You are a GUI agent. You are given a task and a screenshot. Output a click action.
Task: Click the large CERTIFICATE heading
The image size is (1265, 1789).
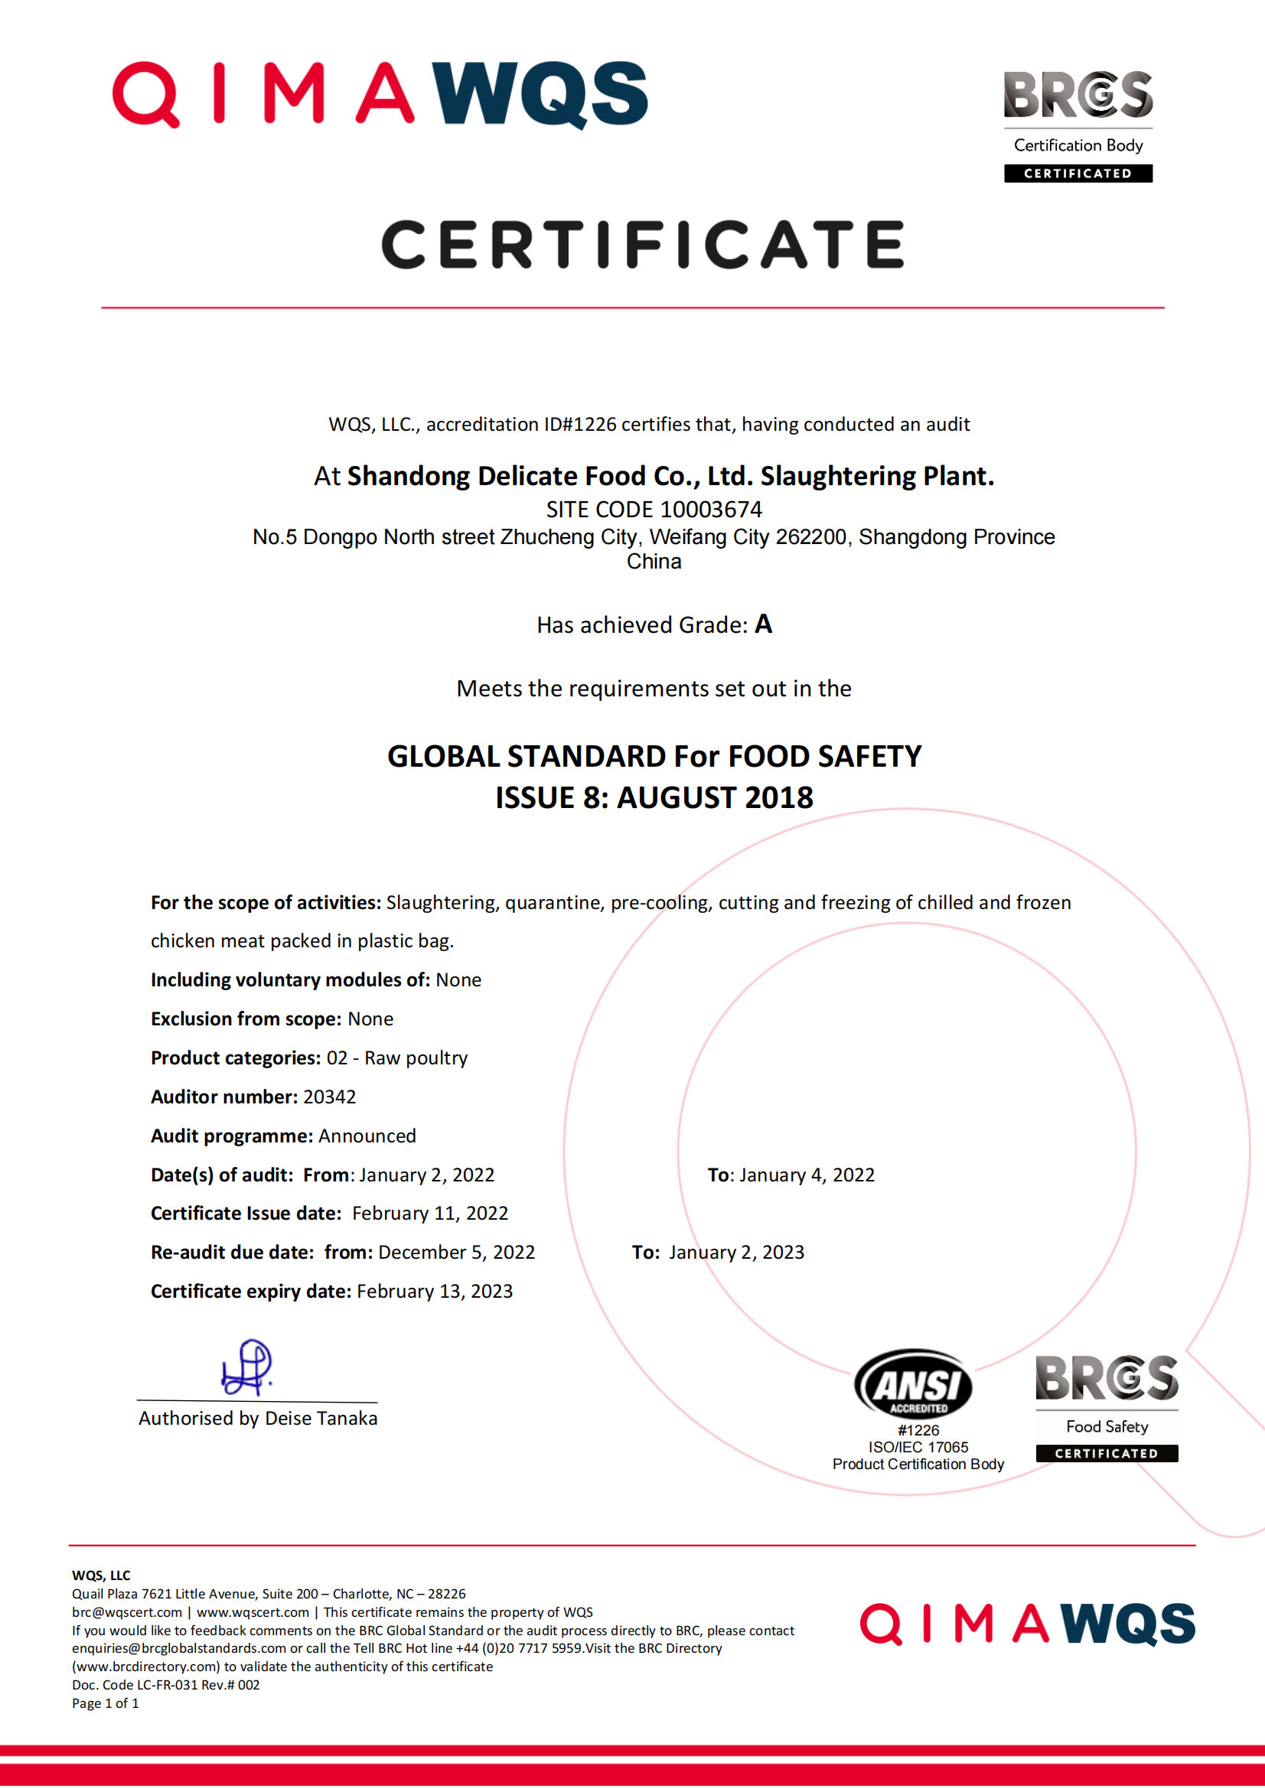[x=643, y=244]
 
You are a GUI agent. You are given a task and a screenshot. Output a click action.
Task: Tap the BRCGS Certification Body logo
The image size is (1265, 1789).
[x=1078, y=125]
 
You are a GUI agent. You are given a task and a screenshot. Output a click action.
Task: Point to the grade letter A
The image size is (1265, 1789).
[x=763, y=624]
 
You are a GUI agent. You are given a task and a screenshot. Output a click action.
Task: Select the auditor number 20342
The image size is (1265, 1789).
[x=329, y=1097]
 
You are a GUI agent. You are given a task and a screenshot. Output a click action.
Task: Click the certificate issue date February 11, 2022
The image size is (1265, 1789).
[x=429, y=1213]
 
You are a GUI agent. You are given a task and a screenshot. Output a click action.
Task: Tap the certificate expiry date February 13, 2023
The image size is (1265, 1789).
[x=434, y=1291]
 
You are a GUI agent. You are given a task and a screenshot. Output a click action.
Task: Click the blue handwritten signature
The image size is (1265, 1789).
[x=247, y=1367]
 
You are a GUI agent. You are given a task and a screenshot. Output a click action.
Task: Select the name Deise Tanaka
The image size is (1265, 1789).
[x=321, y=1418]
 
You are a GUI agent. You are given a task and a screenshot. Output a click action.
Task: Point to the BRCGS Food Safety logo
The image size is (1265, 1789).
[x=1106, y=1407]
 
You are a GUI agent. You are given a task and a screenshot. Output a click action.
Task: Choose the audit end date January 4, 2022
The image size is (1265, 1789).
[x=807, y=1175]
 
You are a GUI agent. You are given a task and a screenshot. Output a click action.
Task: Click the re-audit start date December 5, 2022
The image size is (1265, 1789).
[x=456, y=1252]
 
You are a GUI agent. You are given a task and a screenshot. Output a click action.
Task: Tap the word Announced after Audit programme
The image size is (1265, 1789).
[x=367, y=1136]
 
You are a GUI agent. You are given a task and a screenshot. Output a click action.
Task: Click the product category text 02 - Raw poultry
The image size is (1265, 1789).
[x=396, y=1057]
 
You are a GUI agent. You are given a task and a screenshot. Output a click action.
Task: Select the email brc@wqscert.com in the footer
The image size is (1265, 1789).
[x=127, y=1612]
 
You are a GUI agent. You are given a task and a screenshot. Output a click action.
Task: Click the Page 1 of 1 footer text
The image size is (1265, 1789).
[x=105, y=1703]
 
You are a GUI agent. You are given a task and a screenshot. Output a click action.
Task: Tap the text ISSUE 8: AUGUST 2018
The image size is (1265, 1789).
[x=654, y=797]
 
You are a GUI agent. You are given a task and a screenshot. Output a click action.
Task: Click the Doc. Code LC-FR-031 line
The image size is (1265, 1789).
[x=165, y=1685]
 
